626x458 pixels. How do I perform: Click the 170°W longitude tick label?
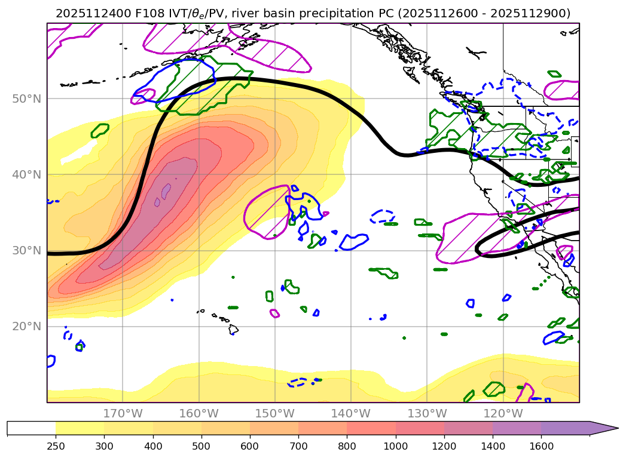[123, 413]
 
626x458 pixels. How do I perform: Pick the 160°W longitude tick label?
[199, 413]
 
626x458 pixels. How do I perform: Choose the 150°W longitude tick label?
[274, 413]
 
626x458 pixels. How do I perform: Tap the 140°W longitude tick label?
[351, 413]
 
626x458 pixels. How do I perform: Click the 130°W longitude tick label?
[427, 413]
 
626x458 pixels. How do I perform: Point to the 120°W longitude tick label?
[503, 413]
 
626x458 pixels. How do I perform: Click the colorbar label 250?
[56, 445]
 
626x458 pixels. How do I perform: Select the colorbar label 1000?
[395, 445]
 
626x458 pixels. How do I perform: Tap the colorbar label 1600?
[541, 445]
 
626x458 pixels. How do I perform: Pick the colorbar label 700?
[298, 445]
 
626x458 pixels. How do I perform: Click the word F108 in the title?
[141, 13]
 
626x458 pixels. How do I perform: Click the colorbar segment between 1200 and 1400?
[468, 428]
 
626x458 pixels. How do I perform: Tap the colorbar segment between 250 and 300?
[80, 428]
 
